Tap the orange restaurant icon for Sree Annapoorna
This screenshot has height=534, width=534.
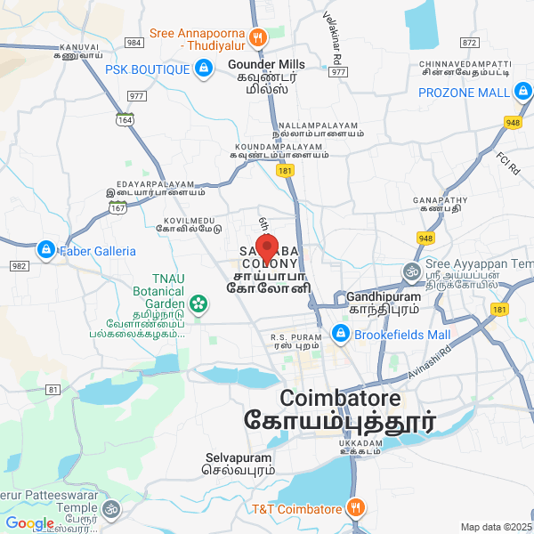(x=258, y=36)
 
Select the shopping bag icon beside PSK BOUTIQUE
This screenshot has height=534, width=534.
(x=204, y=69)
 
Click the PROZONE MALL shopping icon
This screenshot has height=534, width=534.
(x=523, y=92)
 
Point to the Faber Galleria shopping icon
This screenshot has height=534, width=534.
(x=45, y=251)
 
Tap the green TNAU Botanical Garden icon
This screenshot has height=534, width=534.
(x=198, y=304)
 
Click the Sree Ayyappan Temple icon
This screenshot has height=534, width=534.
(x=411, y=270)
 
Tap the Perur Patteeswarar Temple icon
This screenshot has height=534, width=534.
(x=111, y=510)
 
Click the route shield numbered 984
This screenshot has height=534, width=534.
(x=134, y=43)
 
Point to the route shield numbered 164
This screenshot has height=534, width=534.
(x=125, y=118)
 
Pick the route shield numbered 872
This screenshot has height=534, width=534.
(x=469, y=43)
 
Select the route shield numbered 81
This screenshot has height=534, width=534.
(x=53, y=390)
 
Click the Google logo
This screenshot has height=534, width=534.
(x=29, y=523)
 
